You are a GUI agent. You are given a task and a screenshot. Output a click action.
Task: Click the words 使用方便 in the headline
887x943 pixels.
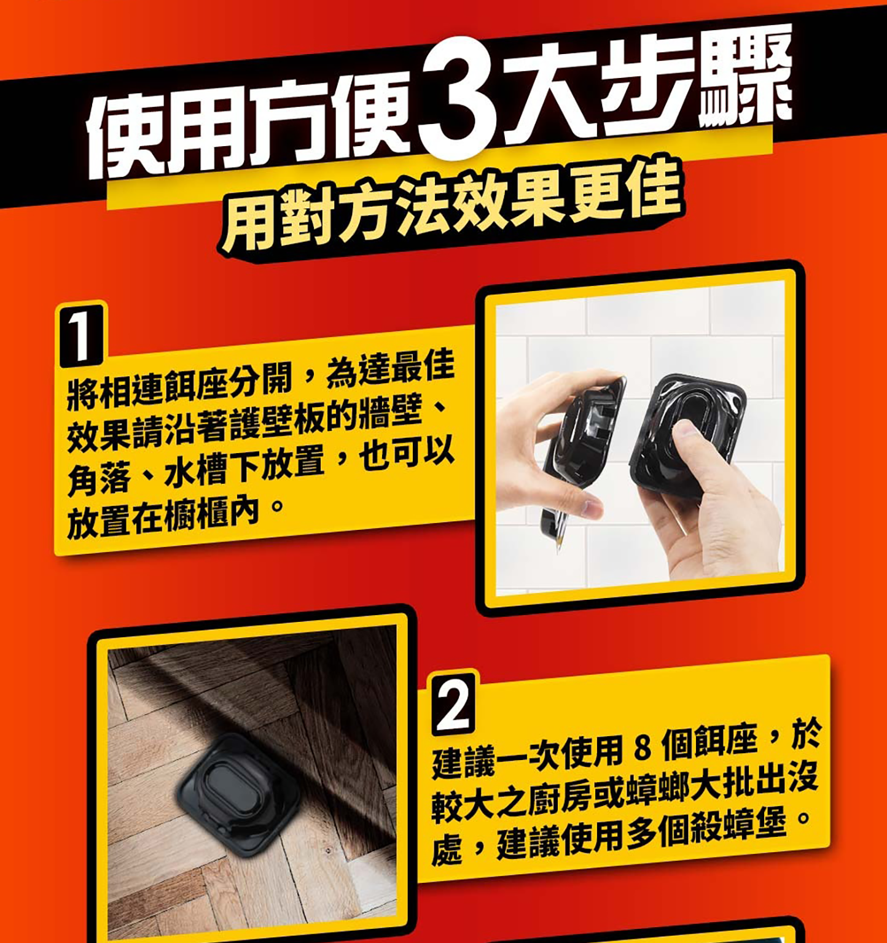coord(249,126)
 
